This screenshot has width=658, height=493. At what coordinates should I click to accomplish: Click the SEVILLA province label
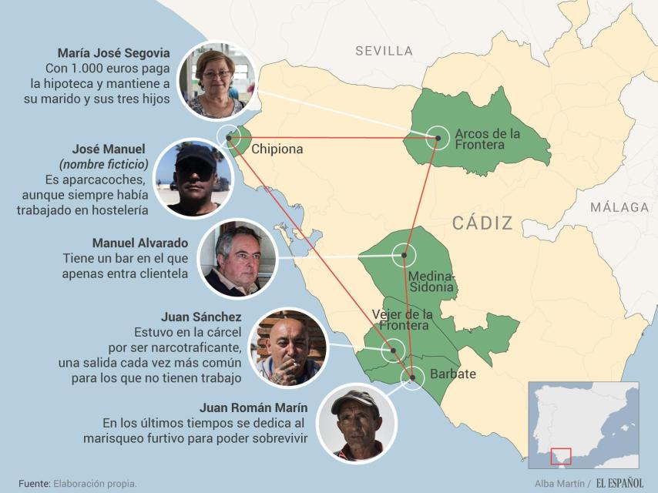(x=384, y=51)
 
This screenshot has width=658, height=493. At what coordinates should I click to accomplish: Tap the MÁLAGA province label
(x=619, y=207)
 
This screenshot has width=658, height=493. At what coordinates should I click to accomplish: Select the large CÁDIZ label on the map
(x=482, y=223)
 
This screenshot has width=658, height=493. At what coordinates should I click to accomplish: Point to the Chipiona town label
(x=277, y=149)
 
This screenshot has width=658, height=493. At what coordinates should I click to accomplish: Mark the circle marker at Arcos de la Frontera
(x=437, y=138)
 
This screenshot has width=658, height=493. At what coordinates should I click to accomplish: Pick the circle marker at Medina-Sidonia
(x=402, y=255)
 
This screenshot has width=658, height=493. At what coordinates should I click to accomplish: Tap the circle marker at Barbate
(x=412, y=377)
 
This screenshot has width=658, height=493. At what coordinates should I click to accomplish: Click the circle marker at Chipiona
(x=229, y=138)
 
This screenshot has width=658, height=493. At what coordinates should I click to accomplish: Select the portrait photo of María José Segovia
(x=217, y=81)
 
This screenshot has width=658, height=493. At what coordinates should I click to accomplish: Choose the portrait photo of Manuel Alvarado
(x=237, y=258)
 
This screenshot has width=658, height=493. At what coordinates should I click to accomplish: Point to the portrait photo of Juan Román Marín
(x=356, y=424)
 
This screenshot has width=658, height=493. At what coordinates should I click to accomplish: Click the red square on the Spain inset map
(x=561, y=456)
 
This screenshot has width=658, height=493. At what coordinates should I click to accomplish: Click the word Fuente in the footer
(x=29, y=483)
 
